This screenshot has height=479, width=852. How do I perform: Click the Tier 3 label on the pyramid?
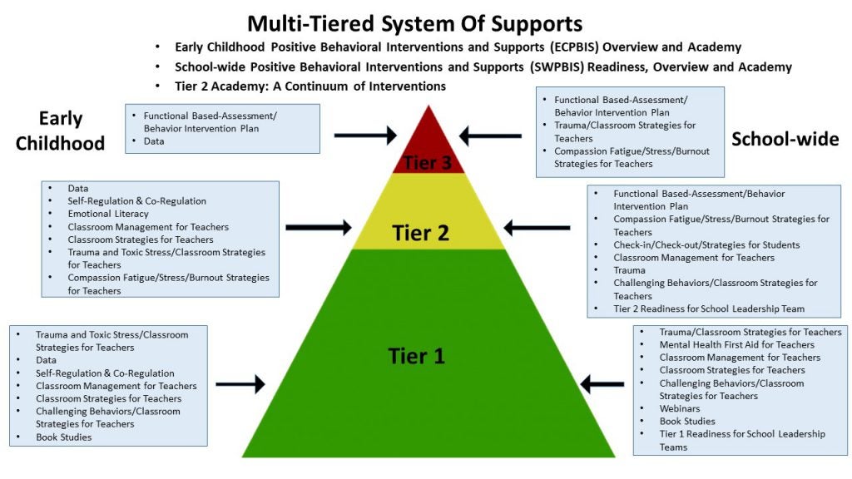coord(428,162)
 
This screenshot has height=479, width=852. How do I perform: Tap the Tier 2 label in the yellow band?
coord(420,234)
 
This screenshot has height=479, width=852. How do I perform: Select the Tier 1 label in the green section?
coord(417,356)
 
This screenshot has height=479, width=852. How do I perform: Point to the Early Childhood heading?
coord(72,131)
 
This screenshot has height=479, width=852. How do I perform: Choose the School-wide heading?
coord(785,139)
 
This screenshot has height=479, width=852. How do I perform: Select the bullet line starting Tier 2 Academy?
coord(310,86)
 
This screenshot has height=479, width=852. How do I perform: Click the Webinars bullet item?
coord(680,408)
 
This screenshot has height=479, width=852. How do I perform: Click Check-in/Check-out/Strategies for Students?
coord(706,244)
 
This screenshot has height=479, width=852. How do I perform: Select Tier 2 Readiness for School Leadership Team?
coord(709,309)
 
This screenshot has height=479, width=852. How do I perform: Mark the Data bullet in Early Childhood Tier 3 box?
coord(154,141)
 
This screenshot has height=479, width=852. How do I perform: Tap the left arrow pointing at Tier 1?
coord(240,383)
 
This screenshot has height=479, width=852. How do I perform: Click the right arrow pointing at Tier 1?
coord(602,383)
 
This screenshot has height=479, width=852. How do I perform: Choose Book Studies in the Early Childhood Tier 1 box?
coord(63,437)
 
